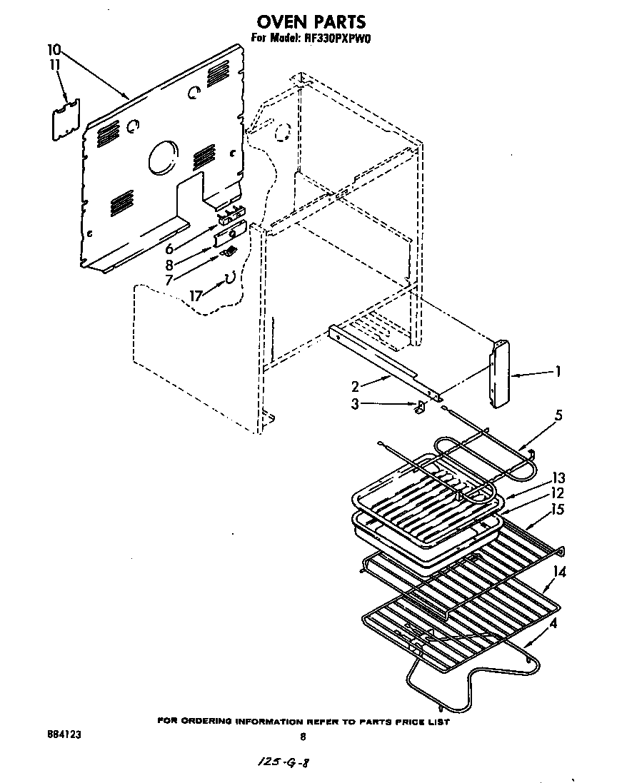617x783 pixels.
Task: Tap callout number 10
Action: click(x=54, y=50)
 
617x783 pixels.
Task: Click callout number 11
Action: click(x=54, y=64)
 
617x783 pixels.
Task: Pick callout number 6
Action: click(x=170, y=249)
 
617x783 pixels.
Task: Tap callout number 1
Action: click(x=558, y=371)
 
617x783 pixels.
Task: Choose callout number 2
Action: click(x=355, y=387)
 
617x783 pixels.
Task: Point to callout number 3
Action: click(x=355, y=404)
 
